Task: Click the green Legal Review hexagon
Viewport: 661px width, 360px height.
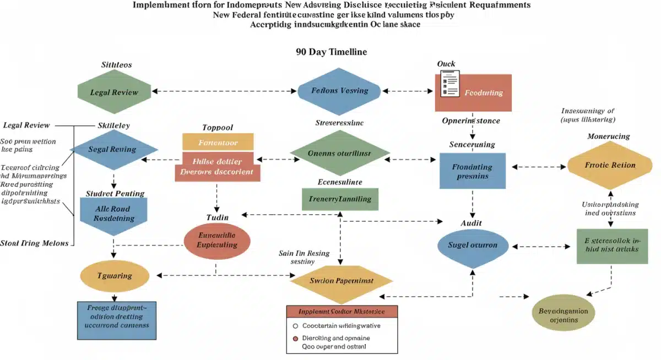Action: pos(114,92)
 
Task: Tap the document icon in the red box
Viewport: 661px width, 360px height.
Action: pos(449,84)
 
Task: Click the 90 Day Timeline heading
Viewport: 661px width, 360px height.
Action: pos(331,52)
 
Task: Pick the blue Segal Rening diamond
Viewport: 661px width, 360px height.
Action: pos(114,150)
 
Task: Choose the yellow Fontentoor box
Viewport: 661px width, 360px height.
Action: pos(218,142)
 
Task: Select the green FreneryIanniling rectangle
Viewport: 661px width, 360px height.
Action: pos(340,199)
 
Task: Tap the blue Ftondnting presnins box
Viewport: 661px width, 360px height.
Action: pos(472,171)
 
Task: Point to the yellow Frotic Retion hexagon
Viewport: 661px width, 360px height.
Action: pos(610,165)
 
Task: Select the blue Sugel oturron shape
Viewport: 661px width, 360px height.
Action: pos(472,245)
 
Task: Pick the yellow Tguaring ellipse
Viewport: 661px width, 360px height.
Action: pos(115,276)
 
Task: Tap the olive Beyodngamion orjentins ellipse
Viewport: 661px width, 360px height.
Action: pos(564,315)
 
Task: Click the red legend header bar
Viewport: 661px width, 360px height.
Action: pos(342,311)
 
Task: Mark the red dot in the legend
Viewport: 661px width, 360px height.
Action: pos(295,338)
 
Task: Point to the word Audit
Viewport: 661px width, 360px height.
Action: pos(471,223)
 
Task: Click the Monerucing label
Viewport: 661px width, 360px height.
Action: pos(608,136)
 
